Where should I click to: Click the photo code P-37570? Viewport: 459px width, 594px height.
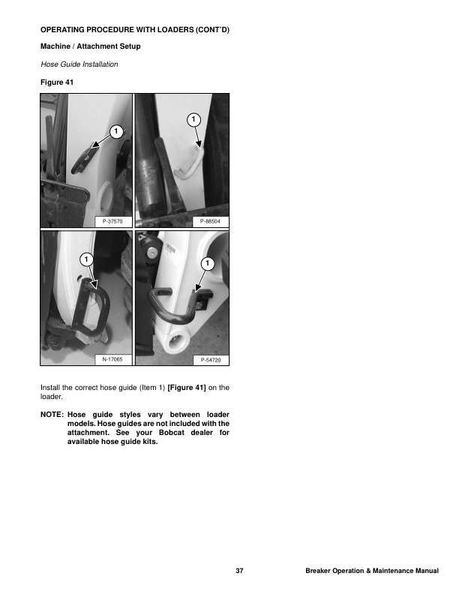pos(112,222)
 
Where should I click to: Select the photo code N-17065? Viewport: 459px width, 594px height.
pos(112,361)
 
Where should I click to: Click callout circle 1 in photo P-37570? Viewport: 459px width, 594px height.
pos(115,132)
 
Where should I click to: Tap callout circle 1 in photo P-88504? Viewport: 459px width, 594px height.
pos(193,119)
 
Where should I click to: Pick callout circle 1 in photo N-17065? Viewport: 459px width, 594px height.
pos(86,259)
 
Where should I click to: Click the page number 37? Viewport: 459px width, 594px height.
pos(239,572)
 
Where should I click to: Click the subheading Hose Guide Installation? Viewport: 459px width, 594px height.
pos(79,64)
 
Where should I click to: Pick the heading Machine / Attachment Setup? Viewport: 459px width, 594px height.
pos(90,46)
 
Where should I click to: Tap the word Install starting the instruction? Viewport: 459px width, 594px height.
pos(50,388)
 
